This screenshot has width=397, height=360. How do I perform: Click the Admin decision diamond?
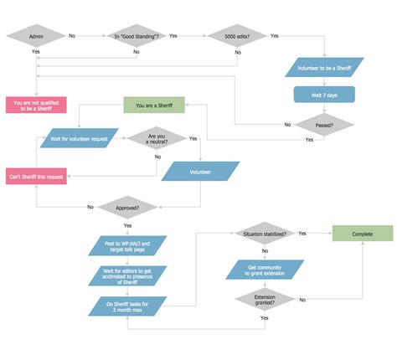35,36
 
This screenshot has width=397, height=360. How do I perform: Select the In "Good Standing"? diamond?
137,36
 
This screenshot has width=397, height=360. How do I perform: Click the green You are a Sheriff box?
153,105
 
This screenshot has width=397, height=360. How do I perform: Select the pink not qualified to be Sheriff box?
35,105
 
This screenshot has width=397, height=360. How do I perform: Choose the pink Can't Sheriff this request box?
35,175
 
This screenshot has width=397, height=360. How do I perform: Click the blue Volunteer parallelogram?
200,172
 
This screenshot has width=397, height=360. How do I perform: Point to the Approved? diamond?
127,207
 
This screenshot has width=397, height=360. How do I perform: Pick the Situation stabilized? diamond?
264,234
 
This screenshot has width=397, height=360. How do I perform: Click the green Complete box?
361,234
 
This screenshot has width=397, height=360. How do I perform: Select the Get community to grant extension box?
264,270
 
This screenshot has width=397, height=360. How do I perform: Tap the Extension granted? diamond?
264,299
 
